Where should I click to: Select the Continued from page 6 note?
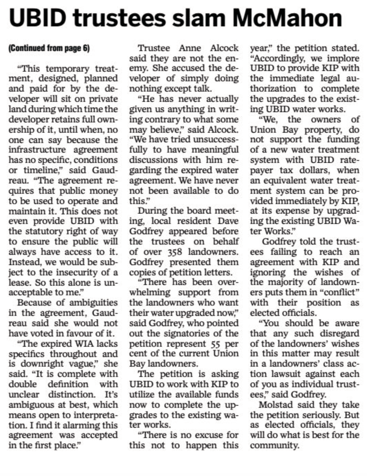click(49, 48)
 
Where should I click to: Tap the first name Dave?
click(230, 221)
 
